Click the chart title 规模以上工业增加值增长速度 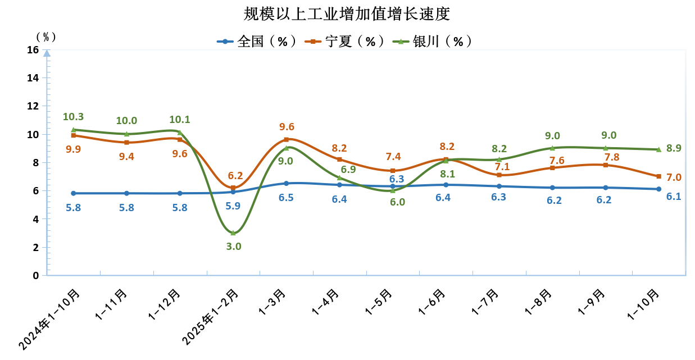347,13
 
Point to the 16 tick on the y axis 33,50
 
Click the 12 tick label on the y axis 33,106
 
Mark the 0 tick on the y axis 35,276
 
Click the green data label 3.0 234,246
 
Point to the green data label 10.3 73,117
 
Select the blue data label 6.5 287,198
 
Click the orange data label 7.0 674,177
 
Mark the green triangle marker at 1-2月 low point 233,233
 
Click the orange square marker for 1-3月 287,139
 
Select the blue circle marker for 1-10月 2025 658,189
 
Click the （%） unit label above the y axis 46,37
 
